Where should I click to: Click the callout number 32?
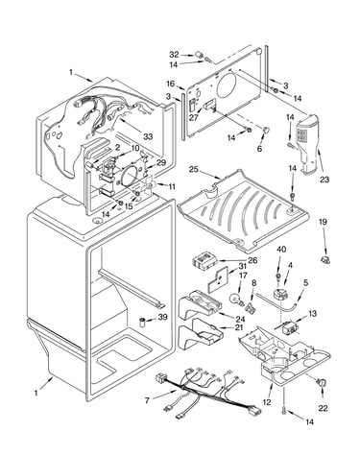pyautogui.click(x=174, y=55)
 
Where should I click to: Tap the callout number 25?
pyautogui.click(x=194, y=169)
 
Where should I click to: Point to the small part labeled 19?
pyautogui.click(x=325, y=259)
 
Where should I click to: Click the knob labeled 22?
pyautogui.click(x=323, y=383)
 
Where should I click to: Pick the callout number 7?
pyautogui.click(x=147, y=400)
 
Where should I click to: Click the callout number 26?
pyautogui.click(x=252, y=260)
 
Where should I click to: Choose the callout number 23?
pyautogui.click(x=324, y=180)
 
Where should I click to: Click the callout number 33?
pyautogui.click(x=148, y=137)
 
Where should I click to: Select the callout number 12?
pyautogui.click(x=267, y=402)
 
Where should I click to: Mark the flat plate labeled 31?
pyautogui.click(x=218, y=280)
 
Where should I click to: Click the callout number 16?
pyautogui.click(x=171, y=84)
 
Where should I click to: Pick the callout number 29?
pyautogui.click(x=161, y=162)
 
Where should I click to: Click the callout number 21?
pyautogui.click(x=238, y=327)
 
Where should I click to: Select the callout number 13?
pyautogui.click(x=312, y=313)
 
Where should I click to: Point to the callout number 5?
pyautogui.click(x=306, y=282)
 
